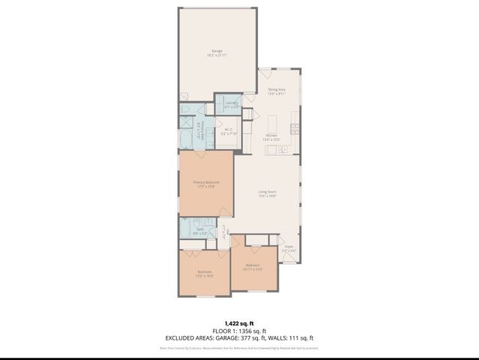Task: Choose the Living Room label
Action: point(268,193)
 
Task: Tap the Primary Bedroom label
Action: point(206,184)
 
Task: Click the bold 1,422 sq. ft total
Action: point(239,320)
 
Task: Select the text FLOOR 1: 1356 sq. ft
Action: point(239,329)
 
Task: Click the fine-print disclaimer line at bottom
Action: point(239,348)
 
